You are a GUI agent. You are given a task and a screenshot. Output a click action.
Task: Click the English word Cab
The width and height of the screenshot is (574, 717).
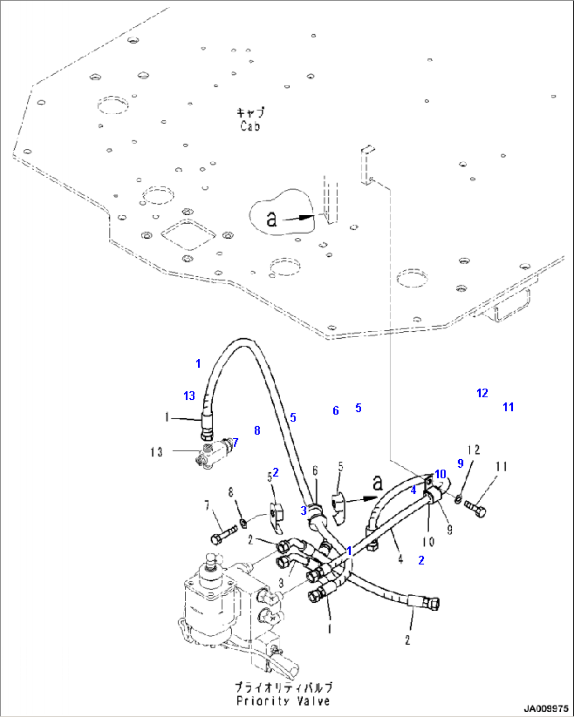250,126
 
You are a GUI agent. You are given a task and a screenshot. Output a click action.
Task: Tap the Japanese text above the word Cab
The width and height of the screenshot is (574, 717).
250,113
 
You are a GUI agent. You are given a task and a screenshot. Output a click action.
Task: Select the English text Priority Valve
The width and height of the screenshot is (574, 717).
283,701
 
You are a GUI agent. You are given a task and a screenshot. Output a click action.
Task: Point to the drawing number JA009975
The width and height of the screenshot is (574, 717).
546,709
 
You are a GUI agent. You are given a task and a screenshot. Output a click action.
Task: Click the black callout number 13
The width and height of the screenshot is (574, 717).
156,452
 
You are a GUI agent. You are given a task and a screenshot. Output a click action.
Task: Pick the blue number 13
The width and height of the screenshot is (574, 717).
189,396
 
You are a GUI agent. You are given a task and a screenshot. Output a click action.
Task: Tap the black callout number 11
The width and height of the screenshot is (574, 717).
501,467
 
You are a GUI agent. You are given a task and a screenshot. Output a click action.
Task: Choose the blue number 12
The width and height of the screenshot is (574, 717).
482,393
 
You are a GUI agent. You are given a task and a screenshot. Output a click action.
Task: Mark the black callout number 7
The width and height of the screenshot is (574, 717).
206,506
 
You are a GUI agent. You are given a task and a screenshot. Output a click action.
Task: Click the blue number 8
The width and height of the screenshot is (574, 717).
257,430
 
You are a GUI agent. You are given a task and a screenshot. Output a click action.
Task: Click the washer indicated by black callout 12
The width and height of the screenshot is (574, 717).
459,498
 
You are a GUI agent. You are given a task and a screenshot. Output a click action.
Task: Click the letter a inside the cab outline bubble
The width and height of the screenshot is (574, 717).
271,219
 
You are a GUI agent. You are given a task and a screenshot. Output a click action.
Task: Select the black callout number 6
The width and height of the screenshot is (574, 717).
315,471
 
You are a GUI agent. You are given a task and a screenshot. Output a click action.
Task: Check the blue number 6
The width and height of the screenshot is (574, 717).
335,410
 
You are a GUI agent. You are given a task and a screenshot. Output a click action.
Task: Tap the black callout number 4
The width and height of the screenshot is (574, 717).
401,559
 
